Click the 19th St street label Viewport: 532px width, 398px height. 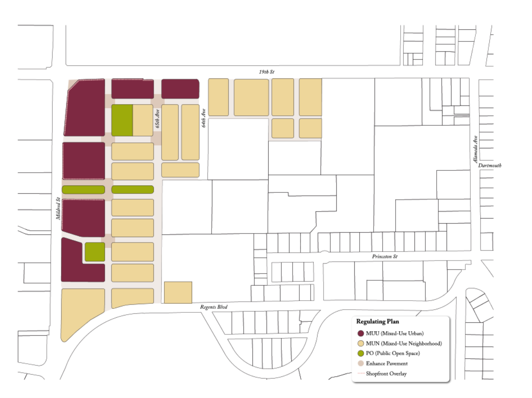pos(267,72)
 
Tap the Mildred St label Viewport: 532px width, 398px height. pos(58,208)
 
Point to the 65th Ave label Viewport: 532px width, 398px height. pos(158,119)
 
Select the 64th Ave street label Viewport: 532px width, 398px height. pos(203,118)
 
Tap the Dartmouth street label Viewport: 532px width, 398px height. pos(490,165)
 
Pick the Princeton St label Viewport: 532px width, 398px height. pos(384,256)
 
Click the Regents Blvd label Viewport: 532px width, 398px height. pos(214,307)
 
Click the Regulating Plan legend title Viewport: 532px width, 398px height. pos(377,321)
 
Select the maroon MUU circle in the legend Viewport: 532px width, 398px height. pos(361,334)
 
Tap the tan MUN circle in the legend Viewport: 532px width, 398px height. pos(361,343)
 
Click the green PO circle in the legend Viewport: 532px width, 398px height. pos(361,353)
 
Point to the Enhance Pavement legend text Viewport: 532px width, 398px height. pos(387,363)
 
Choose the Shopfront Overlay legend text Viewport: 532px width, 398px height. pos(386,374)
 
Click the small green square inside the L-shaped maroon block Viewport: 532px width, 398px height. pos(95,252)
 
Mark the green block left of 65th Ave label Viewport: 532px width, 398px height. pos(122,120)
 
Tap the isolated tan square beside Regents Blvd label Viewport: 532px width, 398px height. pos(178,292)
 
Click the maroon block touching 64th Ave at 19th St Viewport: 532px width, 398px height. pos(180,89)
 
